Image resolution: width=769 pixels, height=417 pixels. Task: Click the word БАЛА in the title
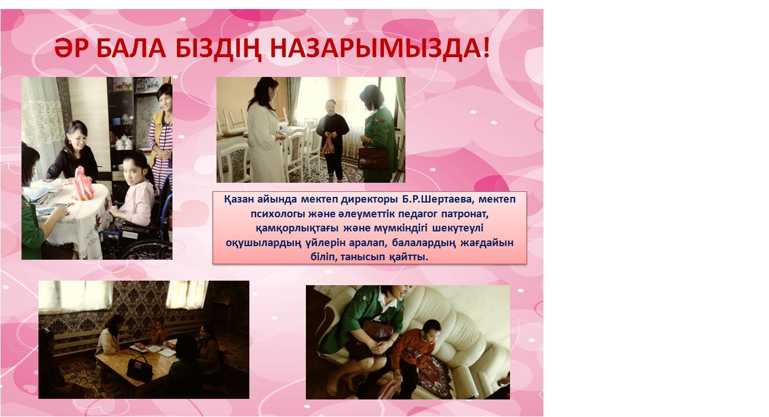tap(131, 49)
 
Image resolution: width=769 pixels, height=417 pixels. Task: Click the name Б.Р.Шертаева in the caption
tap(438, 200)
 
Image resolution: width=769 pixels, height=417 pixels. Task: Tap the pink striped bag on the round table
tap(82, 184)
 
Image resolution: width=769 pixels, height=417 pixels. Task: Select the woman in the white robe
tap(265, 131)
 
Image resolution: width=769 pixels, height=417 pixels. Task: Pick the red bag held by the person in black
tap(328, 145)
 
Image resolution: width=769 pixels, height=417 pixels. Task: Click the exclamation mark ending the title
tap(485, 48)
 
